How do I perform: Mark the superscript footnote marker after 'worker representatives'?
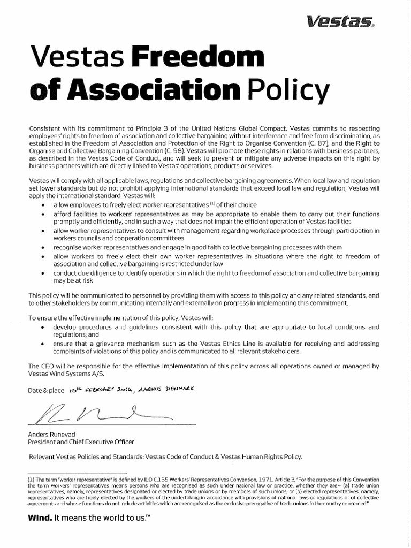pyautogui.click(x=212, y=203)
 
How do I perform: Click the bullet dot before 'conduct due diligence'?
pyautogui.click(x=43, y=273)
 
